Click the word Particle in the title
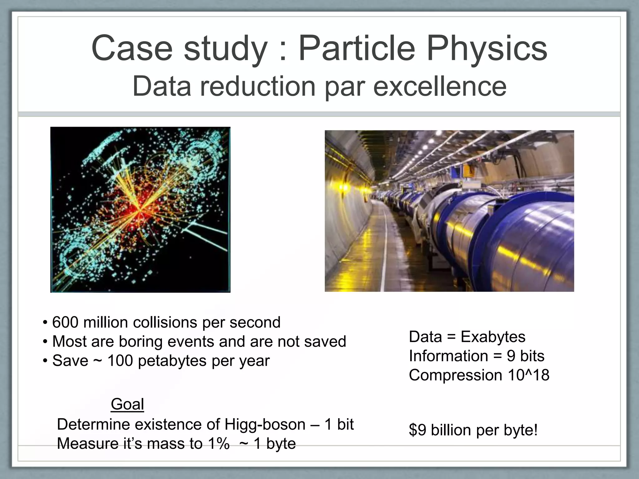point(357,48)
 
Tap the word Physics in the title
point(487,48)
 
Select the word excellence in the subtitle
point(440,86)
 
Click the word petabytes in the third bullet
point(172,361)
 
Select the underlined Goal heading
point(127,404)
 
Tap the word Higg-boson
point(265,424)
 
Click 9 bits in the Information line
point(525,356)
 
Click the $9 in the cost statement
point(417,430)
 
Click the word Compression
point(455,375)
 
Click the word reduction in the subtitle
point(258,86)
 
